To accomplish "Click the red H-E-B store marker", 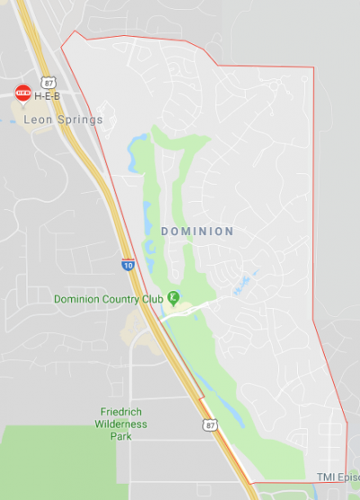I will point(23,93).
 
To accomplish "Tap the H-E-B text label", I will point(48,95).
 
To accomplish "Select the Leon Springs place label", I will point(64,119).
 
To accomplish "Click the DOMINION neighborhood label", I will point(197,232).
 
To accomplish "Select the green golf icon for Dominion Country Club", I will point(173,297).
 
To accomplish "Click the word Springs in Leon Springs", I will point(78,119).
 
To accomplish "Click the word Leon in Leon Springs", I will point(38,119).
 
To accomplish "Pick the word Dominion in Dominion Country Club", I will point(77,299).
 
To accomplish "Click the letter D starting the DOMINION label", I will point(165,232).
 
